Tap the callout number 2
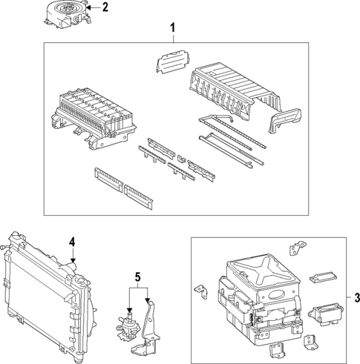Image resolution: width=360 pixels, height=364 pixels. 105,8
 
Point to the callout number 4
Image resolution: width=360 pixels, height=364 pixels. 72,242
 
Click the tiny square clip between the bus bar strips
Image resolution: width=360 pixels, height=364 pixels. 181,158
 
